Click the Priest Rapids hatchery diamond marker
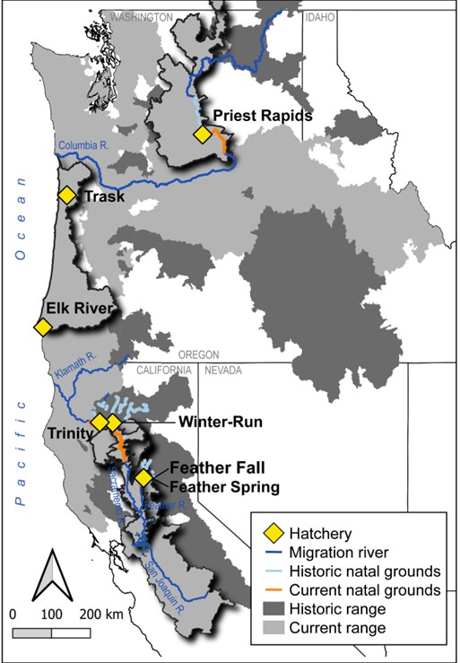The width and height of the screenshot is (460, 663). point(204,134)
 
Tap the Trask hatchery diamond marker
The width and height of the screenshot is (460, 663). point(66,196)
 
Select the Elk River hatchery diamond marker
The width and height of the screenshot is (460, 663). point(41,328)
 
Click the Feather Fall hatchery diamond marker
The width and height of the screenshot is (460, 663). point(142,477)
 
